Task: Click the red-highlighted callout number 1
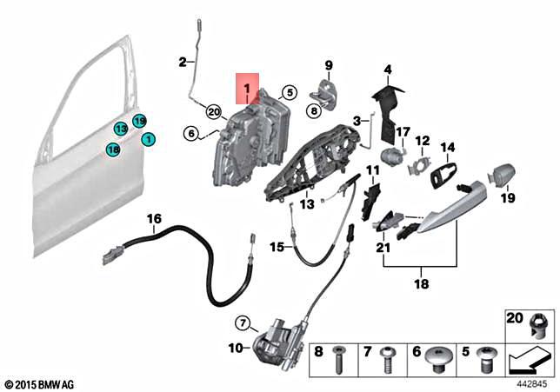(247, 89)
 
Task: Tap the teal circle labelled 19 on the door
(139, 121)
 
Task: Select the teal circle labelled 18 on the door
(113, 150)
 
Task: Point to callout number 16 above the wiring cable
(154, 219)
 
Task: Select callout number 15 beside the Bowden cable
(276, 247)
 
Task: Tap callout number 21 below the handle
(383, 248)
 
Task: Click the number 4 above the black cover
(388, 70)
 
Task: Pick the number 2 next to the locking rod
(183, 61)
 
